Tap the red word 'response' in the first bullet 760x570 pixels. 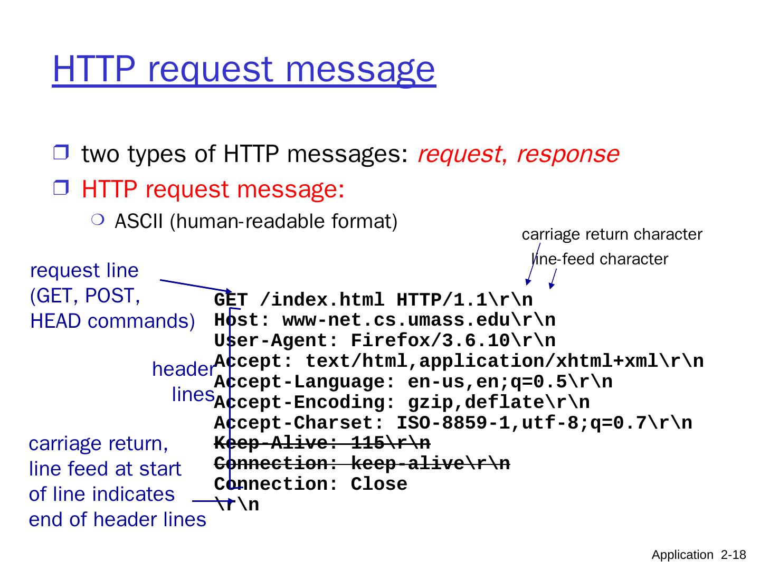[567, 154]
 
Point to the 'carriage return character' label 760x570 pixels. [612, 234]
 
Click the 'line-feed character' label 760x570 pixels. [600, 259]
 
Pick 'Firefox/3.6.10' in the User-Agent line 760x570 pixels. [431, 341]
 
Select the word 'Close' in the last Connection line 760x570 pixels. [378, 484]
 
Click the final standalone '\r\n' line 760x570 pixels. [237, 505]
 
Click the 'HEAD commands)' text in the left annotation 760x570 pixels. [112, 321]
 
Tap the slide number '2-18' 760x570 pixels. [733, 555]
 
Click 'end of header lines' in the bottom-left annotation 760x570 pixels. [117, 520]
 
